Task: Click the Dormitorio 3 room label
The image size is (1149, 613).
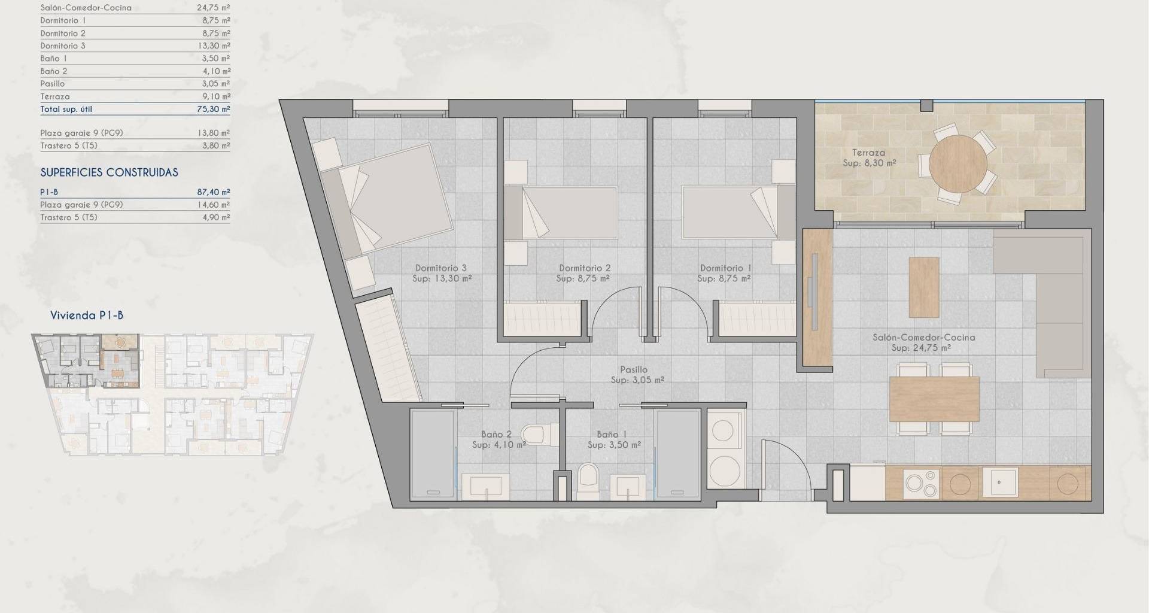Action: [441, 268]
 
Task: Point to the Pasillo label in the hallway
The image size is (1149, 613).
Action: [634, 370]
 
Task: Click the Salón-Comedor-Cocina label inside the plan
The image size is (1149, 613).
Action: [924, 337]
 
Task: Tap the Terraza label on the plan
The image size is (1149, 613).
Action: [870, 153]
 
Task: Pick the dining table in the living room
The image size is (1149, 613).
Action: [934, 399]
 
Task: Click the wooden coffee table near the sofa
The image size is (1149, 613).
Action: [924, 287]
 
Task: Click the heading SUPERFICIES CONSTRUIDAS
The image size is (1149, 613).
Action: [110, 172]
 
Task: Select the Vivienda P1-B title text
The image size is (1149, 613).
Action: [87, 315]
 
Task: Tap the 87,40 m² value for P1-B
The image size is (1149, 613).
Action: [214, 192]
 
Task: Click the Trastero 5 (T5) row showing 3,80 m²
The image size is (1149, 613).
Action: [135, 145]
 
